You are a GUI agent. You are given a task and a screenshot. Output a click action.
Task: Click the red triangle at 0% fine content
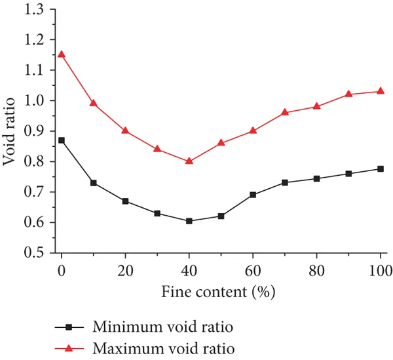tap(62, 54)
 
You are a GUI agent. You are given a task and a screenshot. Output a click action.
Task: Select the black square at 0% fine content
tap(62, 140)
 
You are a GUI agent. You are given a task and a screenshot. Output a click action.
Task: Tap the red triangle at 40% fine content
tap(189, 160)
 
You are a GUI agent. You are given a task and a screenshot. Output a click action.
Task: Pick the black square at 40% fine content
tap(189, 221)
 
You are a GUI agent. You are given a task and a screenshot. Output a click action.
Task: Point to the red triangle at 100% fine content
tap(381, 90)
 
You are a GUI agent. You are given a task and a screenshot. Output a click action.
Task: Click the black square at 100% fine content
tap(381, 169)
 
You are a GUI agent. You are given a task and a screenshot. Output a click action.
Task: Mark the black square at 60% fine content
tap(253, 195)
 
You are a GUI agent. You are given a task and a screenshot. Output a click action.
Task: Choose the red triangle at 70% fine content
tap(285, 112)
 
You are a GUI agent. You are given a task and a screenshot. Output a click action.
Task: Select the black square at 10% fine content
tap(94, 183)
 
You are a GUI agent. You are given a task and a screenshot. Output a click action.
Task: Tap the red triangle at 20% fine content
tap(125, 130)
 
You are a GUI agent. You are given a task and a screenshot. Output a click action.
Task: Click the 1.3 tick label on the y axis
tap(38, 9)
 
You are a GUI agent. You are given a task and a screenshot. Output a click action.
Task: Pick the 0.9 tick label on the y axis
tap(38, 131)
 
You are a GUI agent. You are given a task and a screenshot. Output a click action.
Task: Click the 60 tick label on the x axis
tap(253, 269)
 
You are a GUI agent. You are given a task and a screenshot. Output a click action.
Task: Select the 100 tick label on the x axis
tap(380, 269)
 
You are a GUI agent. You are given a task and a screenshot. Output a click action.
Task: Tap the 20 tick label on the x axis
tap(125, 269)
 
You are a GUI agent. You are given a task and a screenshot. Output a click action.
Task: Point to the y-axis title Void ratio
tap(11, 131)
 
